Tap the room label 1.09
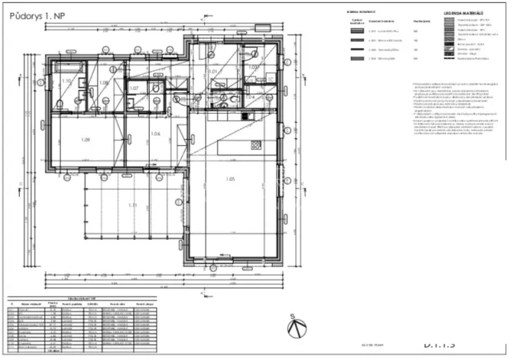(x=85, y=139)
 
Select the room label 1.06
(x=155, y=134)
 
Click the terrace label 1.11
(x=132, y=205)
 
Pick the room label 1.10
(x=66, y=81)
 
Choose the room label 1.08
(x=104, y=82)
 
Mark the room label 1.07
(x=134, y=88)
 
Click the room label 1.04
(x=249, y=98)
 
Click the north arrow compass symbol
(x=294, y=325)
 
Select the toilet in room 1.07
(x=156, y=88)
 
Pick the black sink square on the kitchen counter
(x=247, y=116)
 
